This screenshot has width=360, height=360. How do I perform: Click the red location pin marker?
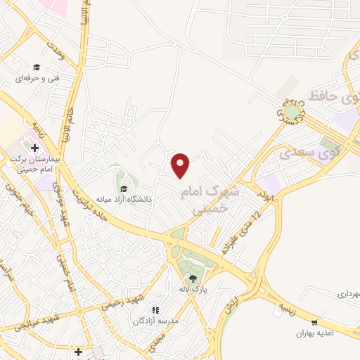181,165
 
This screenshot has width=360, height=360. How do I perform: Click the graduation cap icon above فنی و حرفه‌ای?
36,67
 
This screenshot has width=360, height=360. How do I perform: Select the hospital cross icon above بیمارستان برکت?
34,148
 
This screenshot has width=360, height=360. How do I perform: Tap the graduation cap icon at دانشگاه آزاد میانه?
124,188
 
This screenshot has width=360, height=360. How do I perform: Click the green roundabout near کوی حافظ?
291,111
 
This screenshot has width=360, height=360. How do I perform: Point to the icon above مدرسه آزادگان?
156,309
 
